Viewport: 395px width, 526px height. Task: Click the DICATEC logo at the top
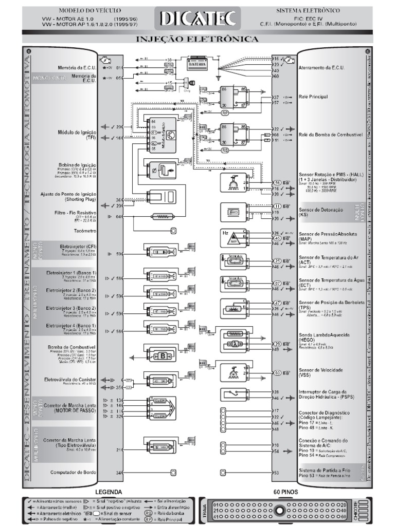click(197, 19)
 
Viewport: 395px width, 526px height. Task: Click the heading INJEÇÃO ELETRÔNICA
click(197, 39)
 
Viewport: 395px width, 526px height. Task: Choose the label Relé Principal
click(313, 96)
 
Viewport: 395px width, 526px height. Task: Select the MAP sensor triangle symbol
click(229, 237)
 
